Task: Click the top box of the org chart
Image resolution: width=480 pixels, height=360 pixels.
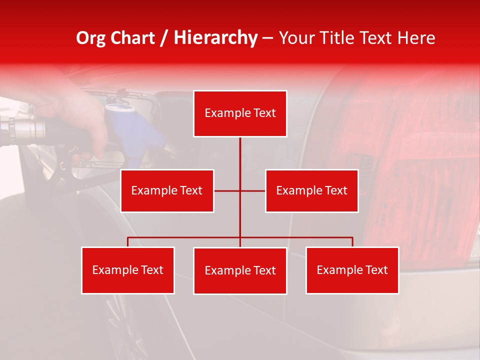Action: coord(240,113)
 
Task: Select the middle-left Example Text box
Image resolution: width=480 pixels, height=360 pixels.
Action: coord(167,190)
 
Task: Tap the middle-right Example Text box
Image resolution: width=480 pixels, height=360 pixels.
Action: coord(311,190)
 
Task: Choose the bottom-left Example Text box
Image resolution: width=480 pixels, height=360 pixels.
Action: coord(128,270)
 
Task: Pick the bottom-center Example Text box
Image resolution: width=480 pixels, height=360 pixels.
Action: coord(240,270)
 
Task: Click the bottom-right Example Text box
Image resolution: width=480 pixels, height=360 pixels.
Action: coord(352,270)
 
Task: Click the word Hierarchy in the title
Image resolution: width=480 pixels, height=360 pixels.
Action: coord(215,38)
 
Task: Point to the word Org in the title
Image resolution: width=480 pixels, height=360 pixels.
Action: coord(90,38)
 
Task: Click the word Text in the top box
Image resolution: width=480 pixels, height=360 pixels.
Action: coord(264,113)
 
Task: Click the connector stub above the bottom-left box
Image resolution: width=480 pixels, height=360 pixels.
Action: coord(128,242)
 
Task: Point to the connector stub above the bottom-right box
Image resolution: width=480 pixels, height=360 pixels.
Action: coord(352,242)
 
